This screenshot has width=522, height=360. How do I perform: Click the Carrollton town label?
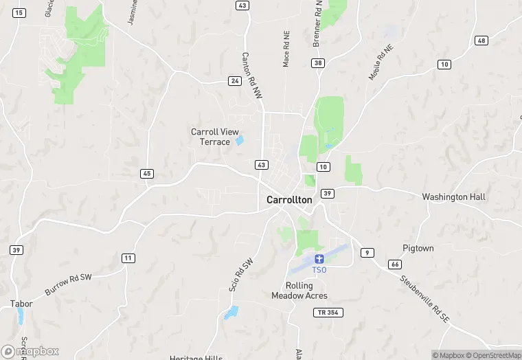(x=288, y=200)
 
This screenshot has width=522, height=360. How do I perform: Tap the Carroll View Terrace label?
(x=210, y=137)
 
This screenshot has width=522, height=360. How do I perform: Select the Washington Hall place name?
(x=453, y=197)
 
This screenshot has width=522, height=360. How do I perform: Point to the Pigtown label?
(x=418, y=248)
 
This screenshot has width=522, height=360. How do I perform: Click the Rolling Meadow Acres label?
(x=299, y=291)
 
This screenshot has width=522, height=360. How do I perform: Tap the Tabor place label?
(x=21, y=303)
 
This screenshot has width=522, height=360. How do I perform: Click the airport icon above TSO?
(x=319, y=258)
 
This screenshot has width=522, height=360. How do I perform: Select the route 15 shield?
(x=19, y=13)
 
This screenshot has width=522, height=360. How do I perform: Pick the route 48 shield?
(x=481, y=41)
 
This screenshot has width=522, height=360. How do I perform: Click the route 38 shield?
(x=317, y=63)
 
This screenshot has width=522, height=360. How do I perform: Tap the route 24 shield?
(x=235, y=81)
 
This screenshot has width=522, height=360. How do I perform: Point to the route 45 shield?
(x=147, y=174)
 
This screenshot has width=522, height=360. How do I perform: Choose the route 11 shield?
(x=128, y=258)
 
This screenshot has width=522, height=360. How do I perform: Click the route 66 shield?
(x=394, y=265)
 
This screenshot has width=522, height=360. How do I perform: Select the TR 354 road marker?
(x=329, y=313)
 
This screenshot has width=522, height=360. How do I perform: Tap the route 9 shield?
(x=368, y=253)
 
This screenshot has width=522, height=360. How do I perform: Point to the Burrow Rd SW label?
(x=68, y=283)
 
